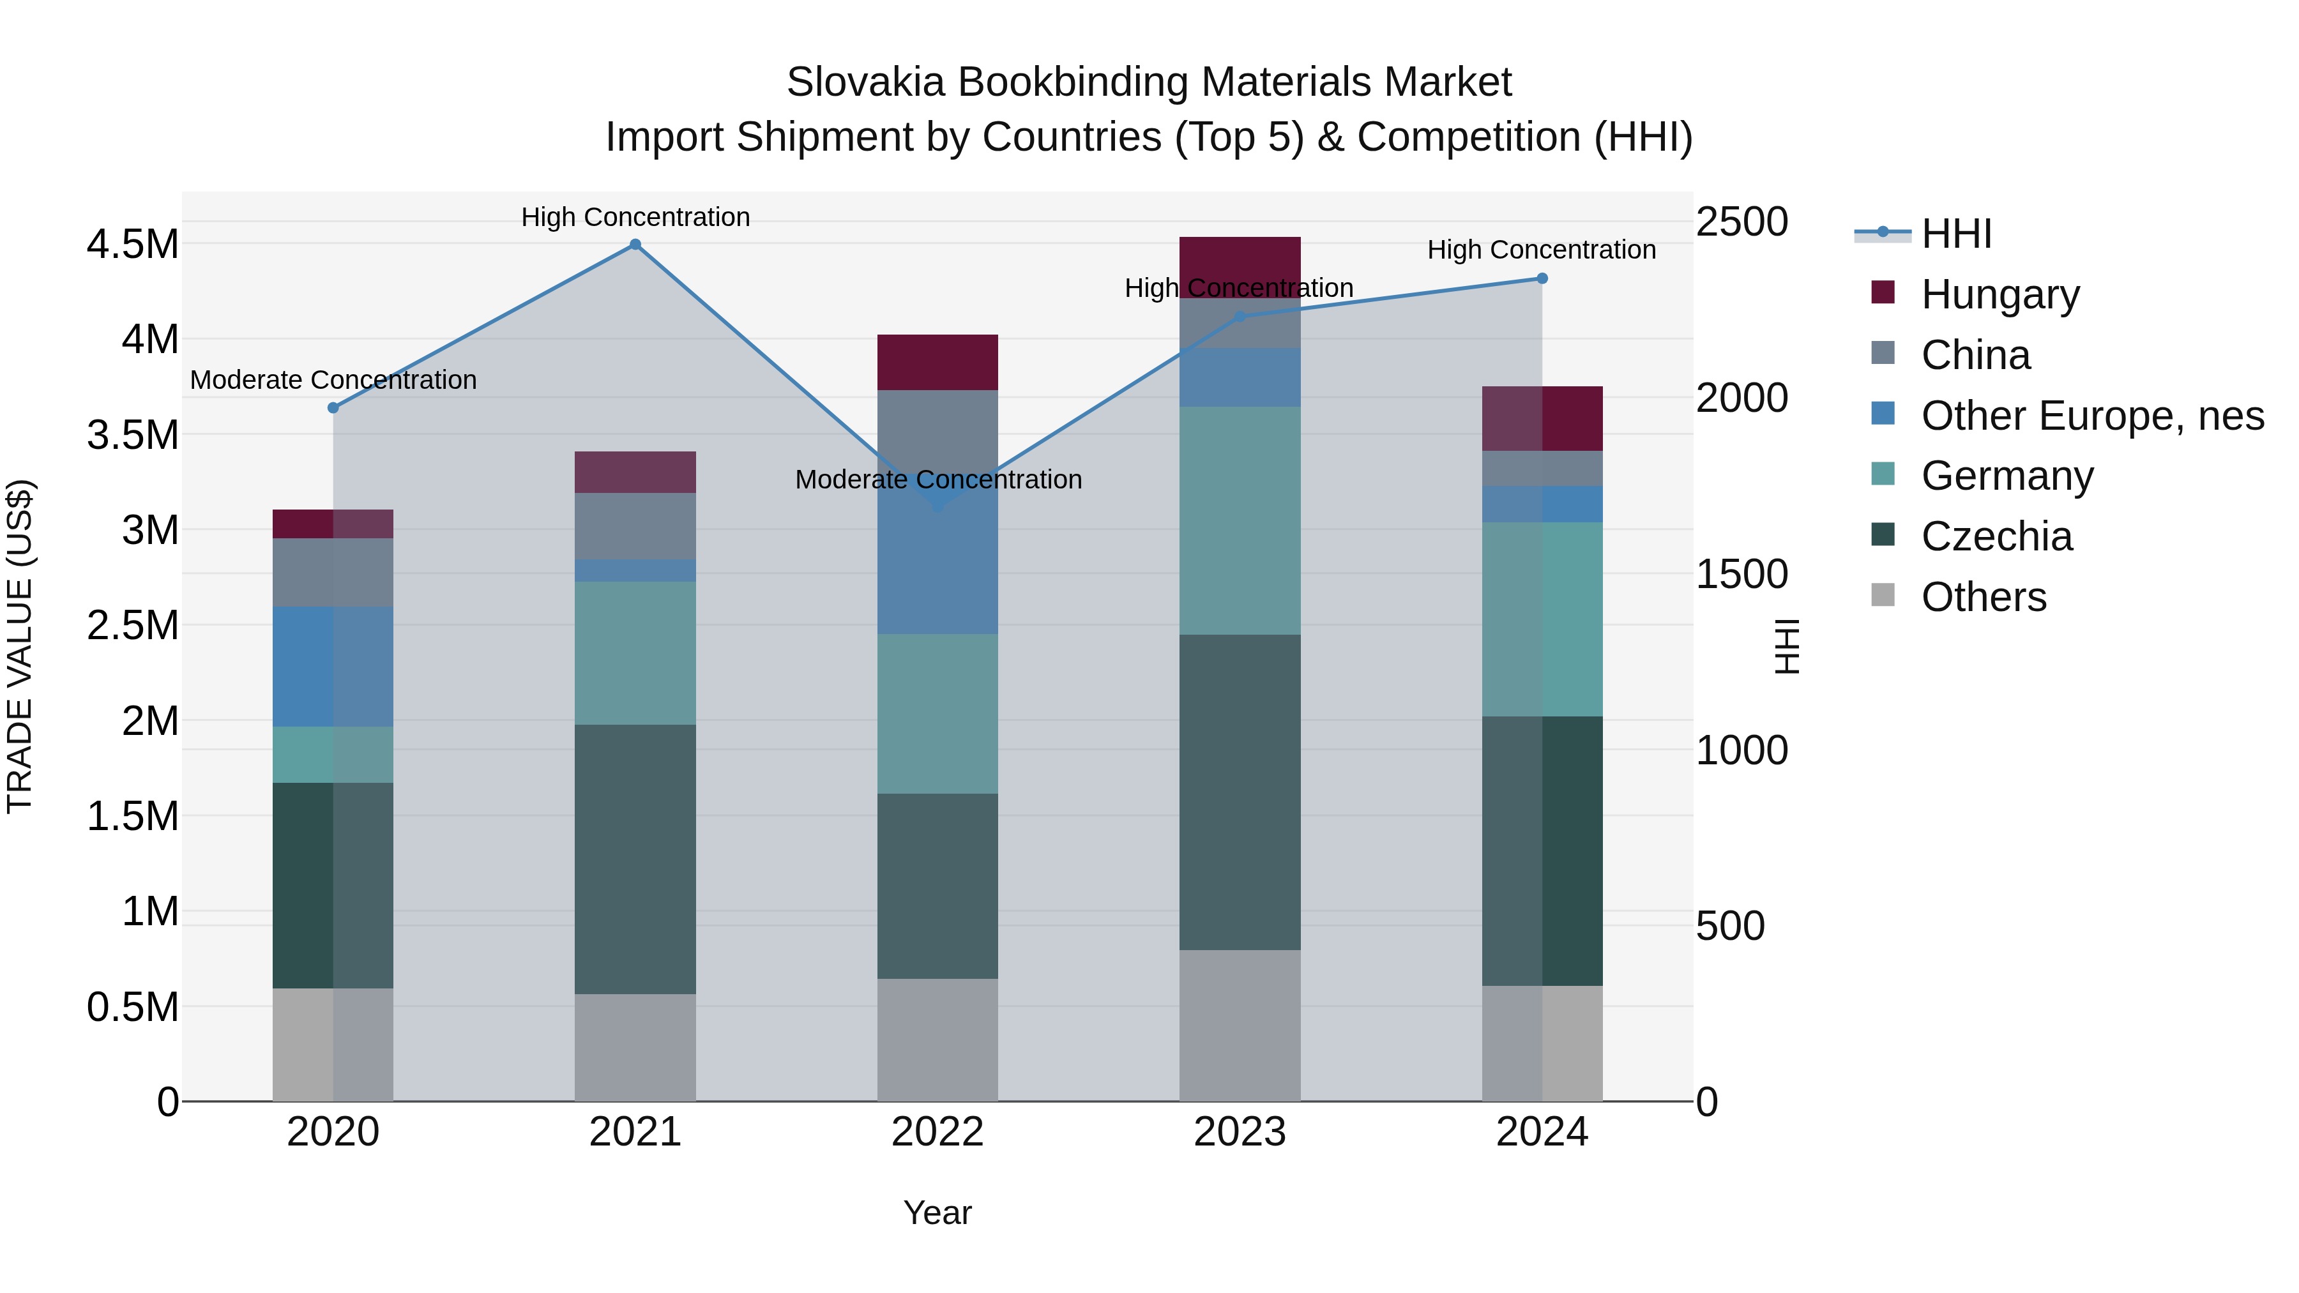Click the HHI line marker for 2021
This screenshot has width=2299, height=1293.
pyautogui.click(x=635, y=245)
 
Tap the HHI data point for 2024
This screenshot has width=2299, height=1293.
pyautogui.click(x=1542, y=278)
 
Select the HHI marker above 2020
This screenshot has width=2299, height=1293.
pyautogui.click(x=333, y=408)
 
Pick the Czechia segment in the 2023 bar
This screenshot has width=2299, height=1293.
pyautogui.click(x=1240, y=792)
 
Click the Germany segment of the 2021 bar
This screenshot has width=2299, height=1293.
pyautogui.click(x=635, y=653)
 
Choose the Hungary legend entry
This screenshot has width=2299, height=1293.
pyautogui.click(x=1999, y=294)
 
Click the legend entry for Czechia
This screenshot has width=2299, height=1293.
pyautogui.click(x=1996, y=536)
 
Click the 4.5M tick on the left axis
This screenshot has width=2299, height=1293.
pyautogui.click(x=132, y=245)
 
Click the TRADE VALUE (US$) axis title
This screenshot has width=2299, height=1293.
pyautogui.click(x=20, y=646)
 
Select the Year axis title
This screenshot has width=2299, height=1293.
pyautogui.click(x=937, y=1213)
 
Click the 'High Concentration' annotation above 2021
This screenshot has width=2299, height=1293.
pyautogui.click(x=635, y=217)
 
